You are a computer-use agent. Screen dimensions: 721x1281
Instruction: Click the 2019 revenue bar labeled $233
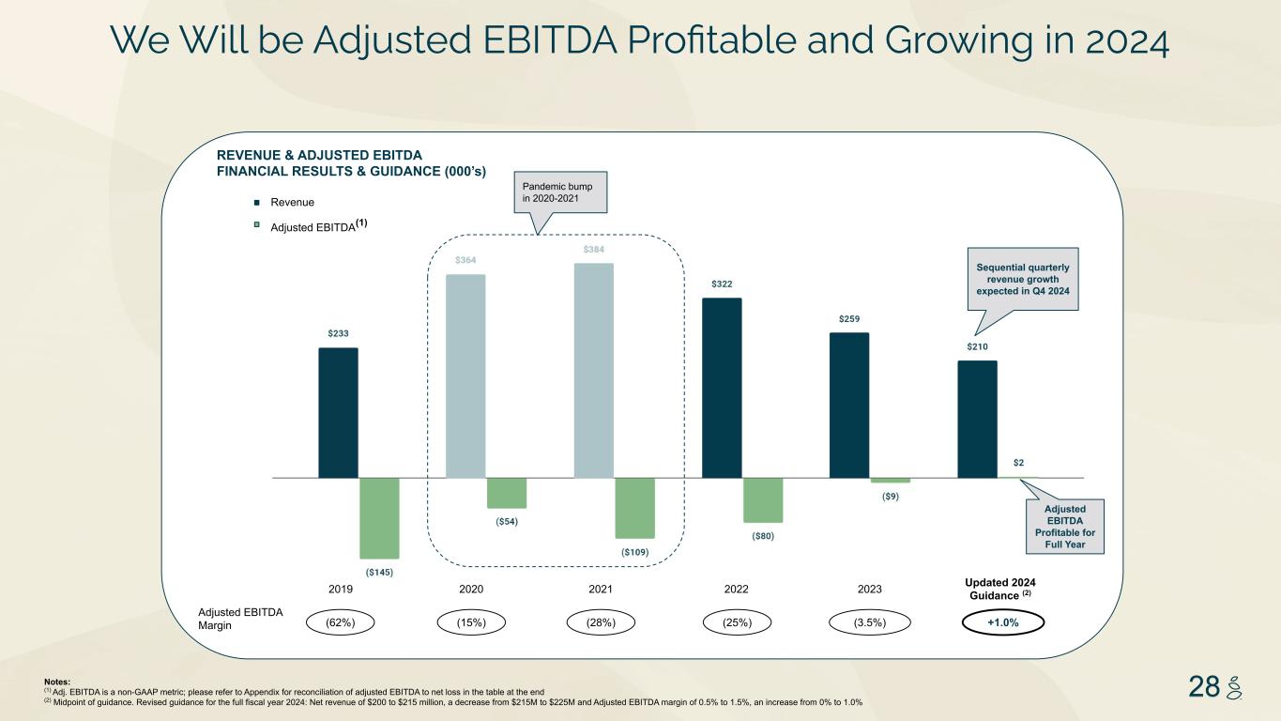(x=338, y=412)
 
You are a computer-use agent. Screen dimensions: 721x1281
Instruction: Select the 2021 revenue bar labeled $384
(x=594, y=370)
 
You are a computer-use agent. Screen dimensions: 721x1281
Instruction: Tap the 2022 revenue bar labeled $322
(x=722, y=387)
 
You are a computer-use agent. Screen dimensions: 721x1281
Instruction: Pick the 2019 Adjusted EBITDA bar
(x=379, y=517)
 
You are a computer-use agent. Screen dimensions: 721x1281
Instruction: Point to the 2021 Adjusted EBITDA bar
(x=634, y=507)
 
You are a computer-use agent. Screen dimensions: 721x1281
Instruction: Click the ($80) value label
(x=763, y=536)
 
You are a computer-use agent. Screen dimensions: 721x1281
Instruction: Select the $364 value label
(x=465, y=260)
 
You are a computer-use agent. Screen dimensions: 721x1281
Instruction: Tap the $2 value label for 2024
(x=1018, y=462)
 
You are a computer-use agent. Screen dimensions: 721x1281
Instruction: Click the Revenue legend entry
(x=292, y=203)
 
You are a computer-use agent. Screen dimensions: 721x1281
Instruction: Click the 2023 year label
(x=870, y=589)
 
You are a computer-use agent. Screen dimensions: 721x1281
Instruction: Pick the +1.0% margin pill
(x=1004, y=621)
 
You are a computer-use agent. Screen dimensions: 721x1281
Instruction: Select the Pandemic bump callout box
(x=561, y=192)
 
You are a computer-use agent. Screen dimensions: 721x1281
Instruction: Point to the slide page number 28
(x=1205, y=688)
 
